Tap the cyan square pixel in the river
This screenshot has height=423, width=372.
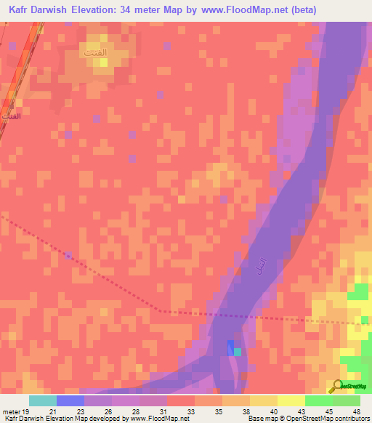click(238, 352)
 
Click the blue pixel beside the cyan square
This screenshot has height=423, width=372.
click(231, 347)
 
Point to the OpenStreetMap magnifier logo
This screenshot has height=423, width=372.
click(337, 386)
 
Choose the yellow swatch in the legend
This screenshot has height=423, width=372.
click(291, 400)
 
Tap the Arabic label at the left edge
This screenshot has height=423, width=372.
click(10, 116)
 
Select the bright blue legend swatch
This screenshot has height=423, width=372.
click(70, 400)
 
